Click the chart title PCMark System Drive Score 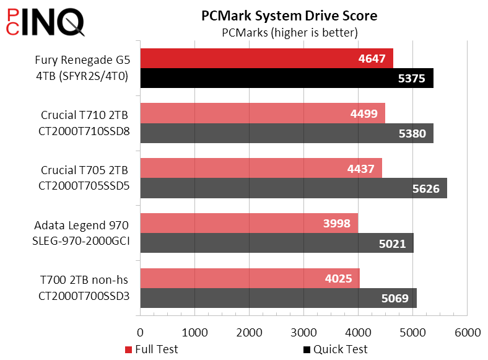coord(289,15)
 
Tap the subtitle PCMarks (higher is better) coord(289,32)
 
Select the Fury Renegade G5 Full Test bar coord(266,59)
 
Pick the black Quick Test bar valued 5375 coord(287,78)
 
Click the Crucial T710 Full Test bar coord(263,113)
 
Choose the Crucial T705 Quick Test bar coord(294,188)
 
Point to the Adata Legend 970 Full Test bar coord(249,224)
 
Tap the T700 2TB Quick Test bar coord(279,298)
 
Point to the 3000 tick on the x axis coord(304,333)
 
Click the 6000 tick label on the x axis coord(468,333)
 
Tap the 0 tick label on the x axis coord(141,333)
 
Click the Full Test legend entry coord(152,349)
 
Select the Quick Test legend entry coord(335,349)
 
